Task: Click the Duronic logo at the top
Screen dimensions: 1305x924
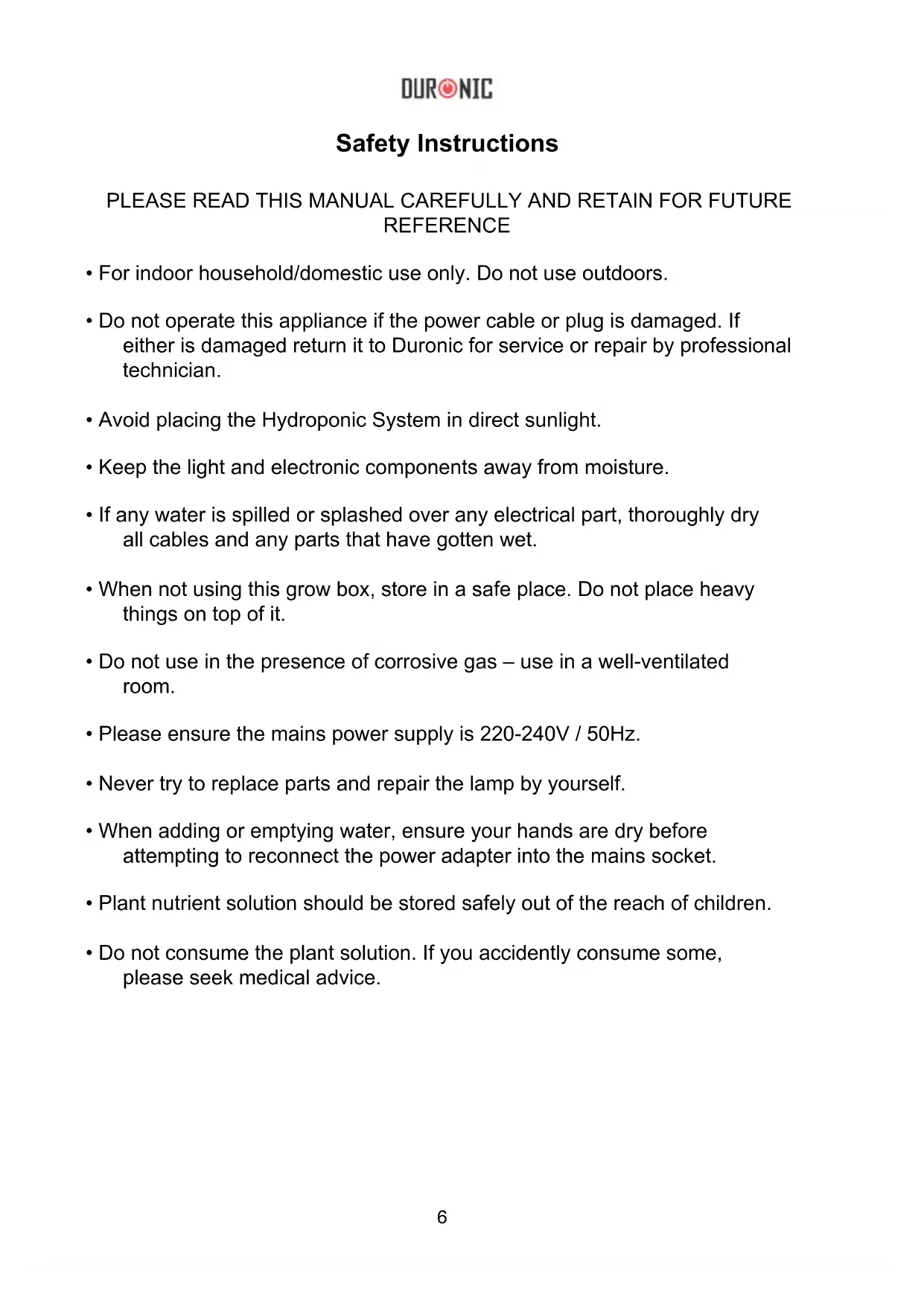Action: click(x=447, y=89)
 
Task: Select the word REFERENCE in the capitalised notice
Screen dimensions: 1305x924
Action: click(x=447, y=225)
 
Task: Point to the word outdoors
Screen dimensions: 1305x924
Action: click(x=624, y=274)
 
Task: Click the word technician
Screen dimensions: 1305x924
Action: click(x=171, y=371)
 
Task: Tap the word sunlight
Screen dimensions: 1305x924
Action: click(x=562, y=420)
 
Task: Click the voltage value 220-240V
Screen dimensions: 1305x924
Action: click(x=524, y=734)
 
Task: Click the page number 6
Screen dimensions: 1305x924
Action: click(x=442, y=1217)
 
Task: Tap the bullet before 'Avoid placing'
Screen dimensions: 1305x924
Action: click(x=89, y=421)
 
